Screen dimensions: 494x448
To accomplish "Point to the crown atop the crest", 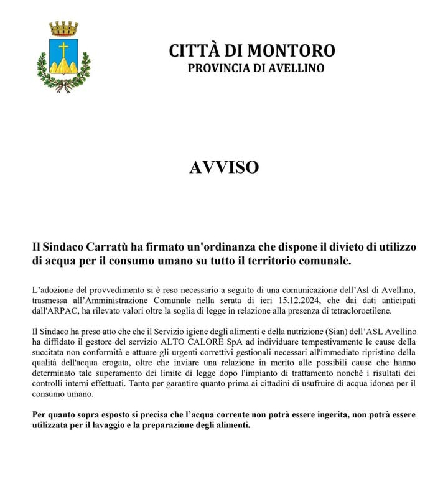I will [63, 28].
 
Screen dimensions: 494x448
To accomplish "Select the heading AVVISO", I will [224, 167].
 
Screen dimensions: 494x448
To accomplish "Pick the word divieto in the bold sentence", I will [326, 247].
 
